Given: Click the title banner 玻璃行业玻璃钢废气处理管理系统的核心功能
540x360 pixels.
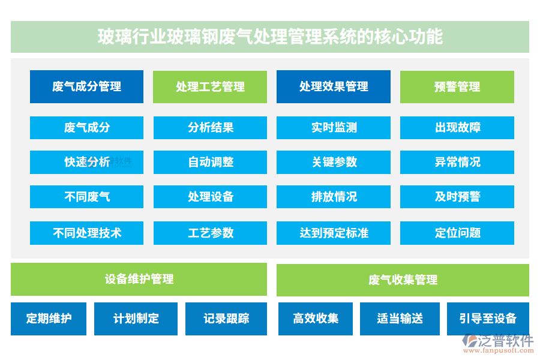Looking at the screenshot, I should [270, 37].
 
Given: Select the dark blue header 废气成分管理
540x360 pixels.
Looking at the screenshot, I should [86, 86].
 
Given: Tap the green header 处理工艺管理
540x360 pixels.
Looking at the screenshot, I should [210, 86].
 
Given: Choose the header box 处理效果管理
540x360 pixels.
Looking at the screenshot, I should [334, 86].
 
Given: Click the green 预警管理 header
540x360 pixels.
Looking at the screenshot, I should [457, 86].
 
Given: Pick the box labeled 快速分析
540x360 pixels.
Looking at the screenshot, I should [86, 162].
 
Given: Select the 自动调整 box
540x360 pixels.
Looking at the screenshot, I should [210, 162].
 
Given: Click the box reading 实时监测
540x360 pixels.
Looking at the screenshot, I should [334, 127].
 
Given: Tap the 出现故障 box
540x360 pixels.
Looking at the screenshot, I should [457, 127].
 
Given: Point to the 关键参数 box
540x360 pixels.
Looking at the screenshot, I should [334, 162].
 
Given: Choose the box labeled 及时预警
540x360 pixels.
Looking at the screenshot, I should [457, 197].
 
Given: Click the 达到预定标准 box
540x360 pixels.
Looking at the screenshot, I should [334, 233].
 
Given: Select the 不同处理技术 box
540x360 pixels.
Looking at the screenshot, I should [86, 233].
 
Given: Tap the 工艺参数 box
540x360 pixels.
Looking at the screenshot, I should [210, 233].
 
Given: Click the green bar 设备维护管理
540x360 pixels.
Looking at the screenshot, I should [139, 279].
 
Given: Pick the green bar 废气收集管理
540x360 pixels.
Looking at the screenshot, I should [403, 280].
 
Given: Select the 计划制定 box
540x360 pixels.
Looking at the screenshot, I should [136, 319].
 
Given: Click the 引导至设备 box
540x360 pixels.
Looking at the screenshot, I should [488, 319].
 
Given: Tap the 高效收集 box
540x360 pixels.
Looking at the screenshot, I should [316, 319].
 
